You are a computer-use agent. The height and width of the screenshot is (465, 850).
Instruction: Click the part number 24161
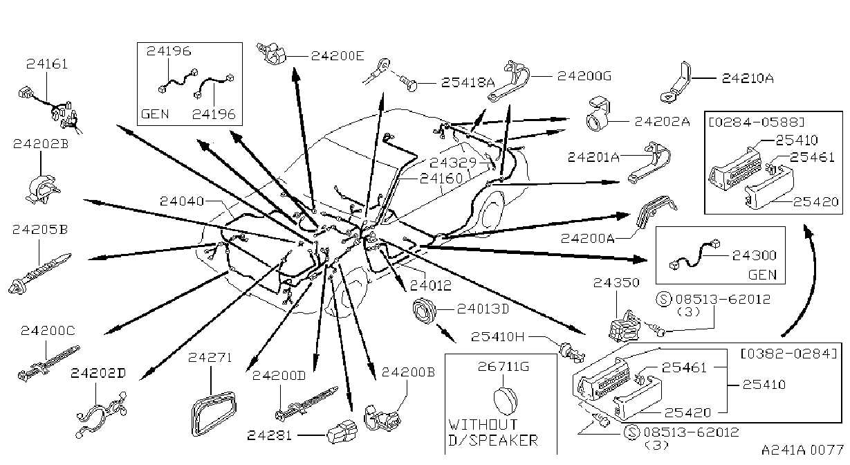[x=47, y=64]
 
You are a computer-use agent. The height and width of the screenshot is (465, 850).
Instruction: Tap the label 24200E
[x=338, y=56]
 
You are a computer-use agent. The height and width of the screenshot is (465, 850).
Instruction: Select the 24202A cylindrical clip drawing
[x=598, y=114]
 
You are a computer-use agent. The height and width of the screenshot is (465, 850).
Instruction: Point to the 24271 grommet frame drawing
[x=213, y=413]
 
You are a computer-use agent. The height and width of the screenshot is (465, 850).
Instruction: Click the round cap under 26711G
[x=506, y=400]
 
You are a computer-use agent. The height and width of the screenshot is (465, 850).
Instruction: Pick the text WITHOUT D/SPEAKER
[x=493, y=432]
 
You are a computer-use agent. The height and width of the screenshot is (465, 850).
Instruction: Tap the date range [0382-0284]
[x=789, y=354]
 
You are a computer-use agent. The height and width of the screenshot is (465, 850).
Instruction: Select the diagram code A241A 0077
[x=802, y=450]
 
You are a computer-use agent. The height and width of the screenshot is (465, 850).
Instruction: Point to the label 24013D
[x=483, y=309]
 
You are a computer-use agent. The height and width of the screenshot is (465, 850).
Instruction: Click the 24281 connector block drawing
[x=342, y=432]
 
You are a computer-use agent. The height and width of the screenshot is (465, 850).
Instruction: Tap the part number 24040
[x=182, y=201]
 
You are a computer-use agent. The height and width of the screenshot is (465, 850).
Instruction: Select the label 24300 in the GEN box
[x=754, y=256]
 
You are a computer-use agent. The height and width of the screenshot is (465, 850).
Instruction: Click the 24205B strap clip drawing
[x=39, y=274]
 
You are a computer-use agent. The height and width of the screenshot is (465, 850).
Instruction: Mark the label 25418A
[x=468, y=82]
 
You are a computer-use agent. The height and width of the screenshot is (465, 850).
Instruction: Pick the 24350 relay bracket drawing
[x=625, y=327]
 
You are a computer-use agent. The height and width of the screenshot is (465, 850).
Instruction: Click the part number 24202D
[x=98, y=374]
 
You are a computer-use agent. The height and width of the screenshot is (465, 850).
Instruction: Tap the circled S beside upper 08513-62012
[x=664, y=299]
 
